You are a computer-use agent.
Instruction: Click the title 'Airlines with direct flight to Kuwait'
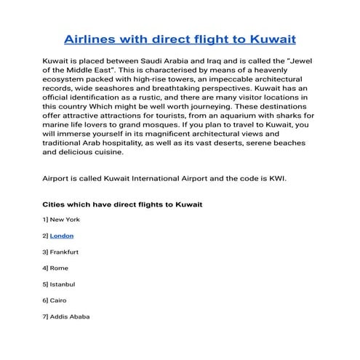tap(180, 37)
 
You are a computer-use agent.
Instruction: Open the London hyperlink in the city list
tap(62, 236)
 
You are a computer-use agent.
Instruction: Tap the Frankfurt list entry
tap(64, 252)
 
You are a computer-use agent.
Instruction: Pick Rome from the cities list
tap(60, 268)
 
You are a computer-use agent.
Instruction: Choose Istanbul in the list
tap(63, 284)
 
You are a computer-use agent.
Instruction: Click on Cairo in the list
tap(60, 300)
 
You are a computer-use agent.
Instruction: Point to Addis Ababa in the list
tap(70, 316)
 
